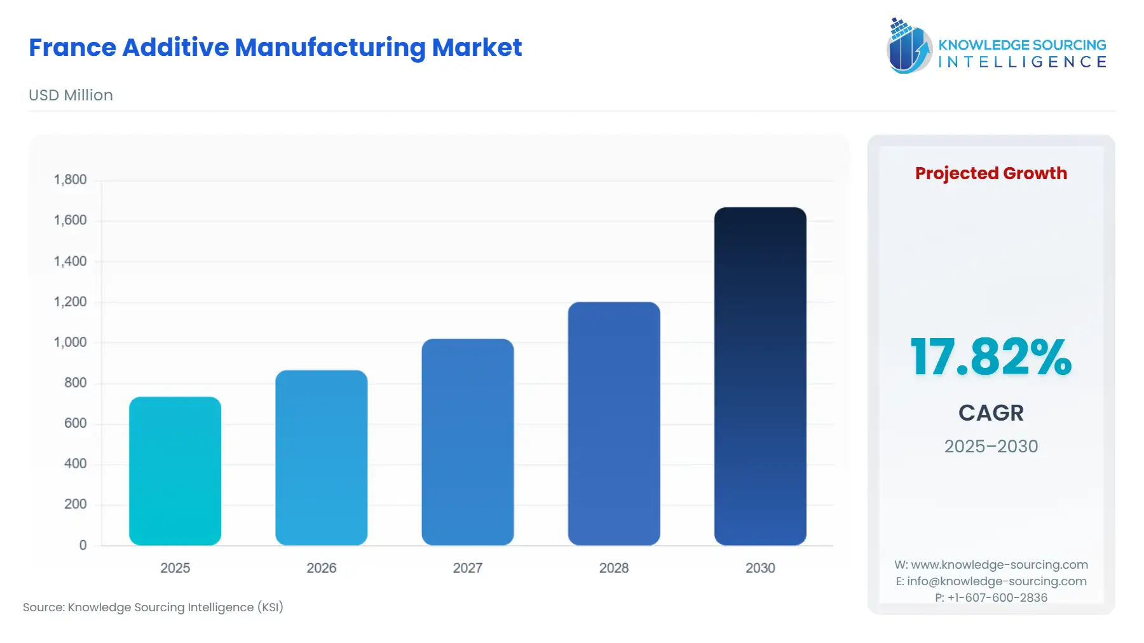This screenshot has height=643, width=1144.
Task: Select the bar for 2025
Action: tap(175, 471)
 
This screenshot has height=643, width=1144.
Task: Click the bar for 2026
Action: tap(321, 457)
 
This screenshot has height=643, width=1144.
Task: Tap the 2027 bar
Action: tap(467, 442)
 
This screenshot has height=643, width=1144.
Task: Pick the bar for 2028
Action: tap(613, 423)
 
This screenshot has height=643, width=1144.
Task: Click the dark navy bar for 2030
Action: tap(759, 376)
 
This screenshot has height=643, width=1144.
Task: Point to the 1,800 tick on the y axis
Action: tap(70, 180)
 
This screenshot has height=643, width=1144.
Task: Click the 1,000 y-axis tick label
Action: tap(70, 342)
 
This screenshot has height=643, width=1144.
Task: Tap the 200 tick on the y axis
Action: tap(75, 504)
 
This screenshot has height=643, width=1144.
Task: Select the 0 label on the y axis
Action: tap(83, 545)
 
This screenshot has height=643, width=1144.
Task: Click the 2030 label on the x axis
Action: tap(759, 568)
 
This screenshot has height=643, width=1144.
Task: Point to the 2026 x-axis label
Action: tap(321, 568)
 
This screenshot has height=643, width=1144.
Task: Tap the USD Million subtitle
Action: tap(71, 95)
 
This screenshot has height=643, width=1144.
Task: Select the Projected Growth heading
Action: tap(990, 173)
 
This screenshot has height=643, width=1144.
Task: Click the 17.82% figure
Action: tap(990, 357)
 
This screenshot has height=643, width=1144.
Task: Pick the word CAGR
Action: tap(990, 413)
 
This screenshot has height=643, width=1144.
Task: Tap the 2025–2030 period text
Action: tap(990, 447)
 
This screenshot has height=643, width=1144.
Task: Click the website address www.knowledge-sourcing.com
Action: tap(999, 565)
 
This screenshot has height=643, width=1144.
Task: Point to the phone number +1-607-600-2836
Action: tap(997, 598)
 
